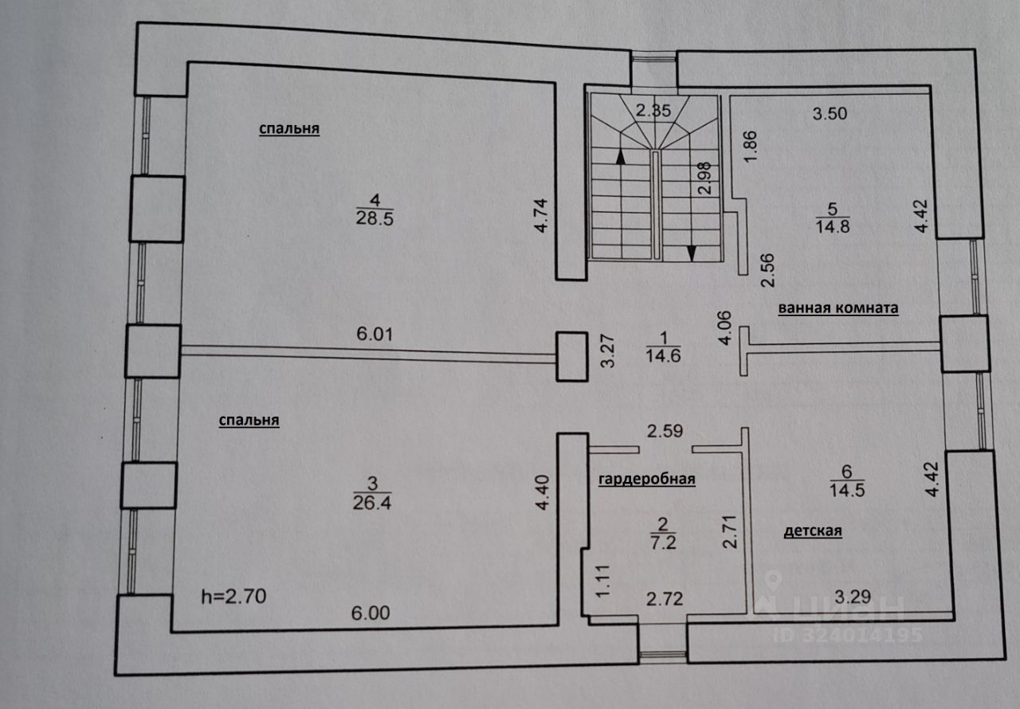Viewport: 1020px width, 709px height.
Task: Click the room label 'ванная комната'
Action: point(838,309)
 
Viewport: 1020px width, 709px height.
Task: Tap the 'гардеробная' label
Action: point(647,479)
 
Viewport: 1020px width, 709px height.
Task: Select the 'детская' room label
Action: point(813,531)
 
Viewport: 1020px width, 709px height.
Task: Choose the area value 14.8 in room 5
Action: point(834,227)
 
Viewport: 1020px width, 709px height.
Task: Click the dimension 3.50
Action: point(830,113)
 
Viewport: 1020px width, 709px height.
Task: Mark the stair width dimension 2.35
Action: point(651,111)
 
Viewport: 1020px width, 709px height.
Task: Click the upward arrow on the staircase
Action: point(619,157)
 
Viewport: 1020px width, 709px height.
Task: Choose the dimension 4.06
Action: point(724,328)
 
